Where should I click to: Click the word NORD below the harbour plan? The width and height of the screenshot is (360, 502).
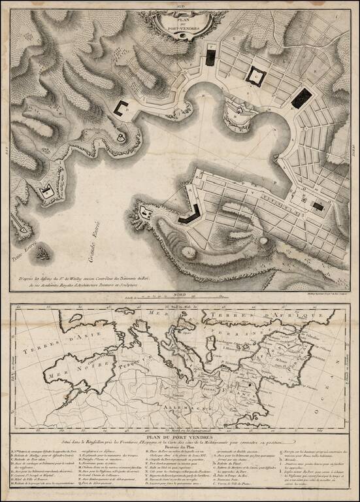click(x=171, y=297)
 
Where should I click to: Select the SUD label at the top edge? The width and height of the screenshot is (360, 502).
click(x=180, y=5)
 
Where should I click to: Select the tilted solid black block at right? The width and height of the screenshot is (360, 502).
click(x=301, y=98)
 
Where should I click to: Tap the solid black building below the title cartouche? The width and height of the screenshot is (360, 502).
click(x=210, y=58)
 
